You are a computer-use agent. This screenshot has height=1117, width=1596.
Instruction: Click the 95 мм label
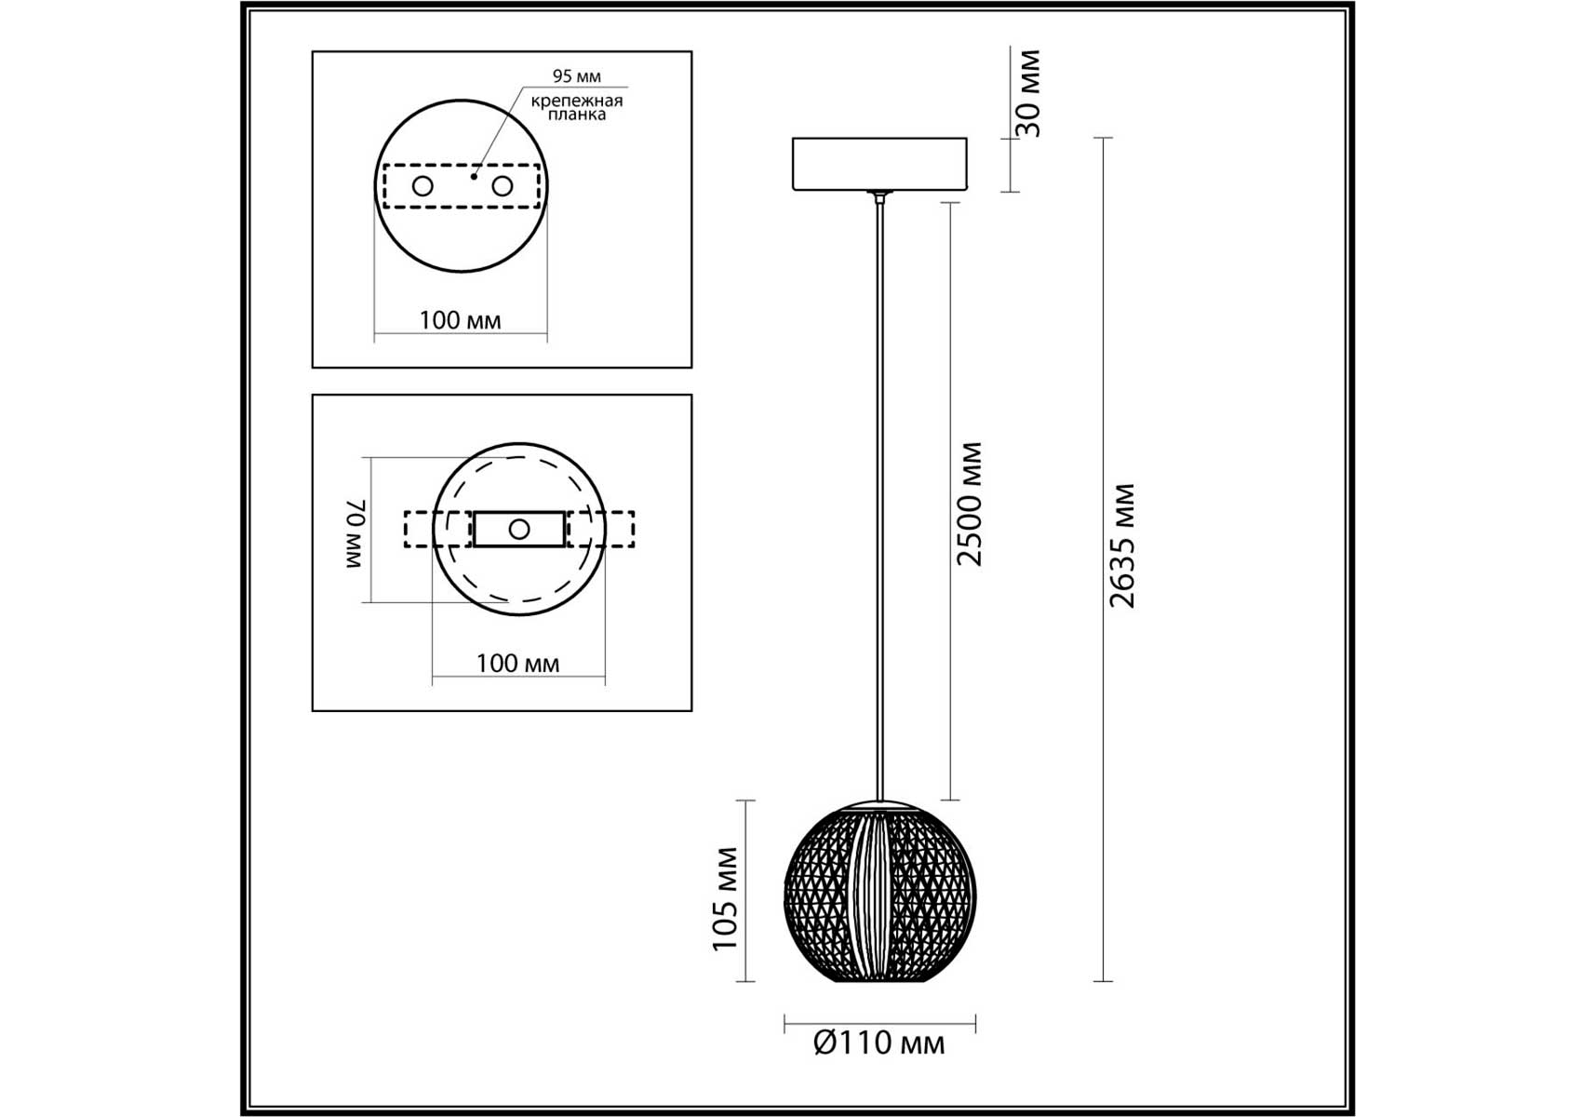[x=576, y=76]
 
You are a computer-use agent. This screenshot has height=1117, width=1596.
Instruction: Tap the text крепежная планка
[x=577, y=107]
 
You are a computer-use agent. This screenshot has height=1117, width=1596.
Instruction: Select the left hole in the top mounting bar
[x=422, y=186]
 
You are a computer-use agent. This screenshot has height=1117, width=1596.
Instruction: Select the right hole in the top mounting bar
[x=503, y=186]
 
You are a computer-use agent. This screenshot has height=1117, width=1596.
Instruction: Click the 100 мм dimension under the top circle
[x=460, y=320]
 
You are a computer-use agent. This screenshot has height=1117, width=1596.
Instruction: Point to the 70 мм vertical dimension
[x=357, y=533]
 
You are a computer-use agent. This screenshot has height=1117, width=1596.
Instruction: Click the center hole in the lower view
[x=519, y=530]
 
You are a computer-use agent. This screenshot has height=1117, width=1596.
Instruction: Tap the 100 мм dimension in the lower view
[x=517, y=664]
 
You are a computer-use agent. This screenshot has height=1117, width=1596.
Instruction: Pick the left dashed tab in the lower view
[x=437, y=529]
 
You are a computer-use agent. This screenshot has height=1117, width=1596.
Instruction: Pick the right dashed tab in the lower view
[x=601, y=529]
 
